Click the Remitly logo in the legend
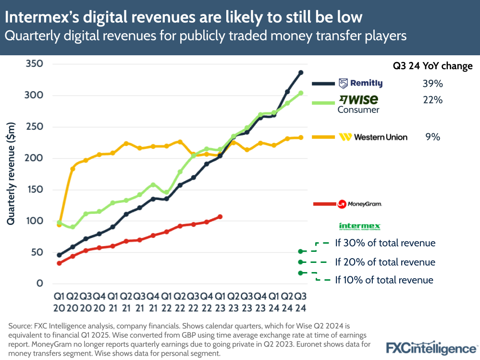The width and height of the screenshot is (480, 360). point(360,84)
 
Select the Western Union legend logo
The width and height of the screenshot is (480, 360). point(373,137)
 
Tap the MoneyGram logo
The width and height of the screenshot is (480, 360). point(360,204)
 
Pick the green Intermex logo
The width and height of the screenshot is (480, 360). point(360,226)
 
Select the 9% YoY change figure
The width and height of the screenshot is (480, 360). point(432,137)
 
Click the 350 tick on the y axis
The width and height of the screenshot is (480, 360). point(33,64)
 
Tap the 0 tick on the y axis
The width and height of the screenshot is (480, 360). point(39,284)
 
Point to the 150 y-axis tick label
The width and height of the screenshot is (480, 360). point(33,190)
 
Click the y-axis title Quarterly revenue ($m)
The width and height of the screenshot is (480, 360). point(11,174)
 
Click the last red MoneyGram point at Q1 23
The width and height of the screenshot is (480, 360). point(220,217)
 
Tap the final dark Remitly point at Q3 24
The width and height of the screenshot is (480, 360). point(301,73)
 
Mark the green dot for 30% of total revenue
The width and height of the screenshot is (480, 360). point(301,251)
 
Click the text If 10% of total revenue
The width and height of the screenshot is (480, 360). point(384,280)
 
